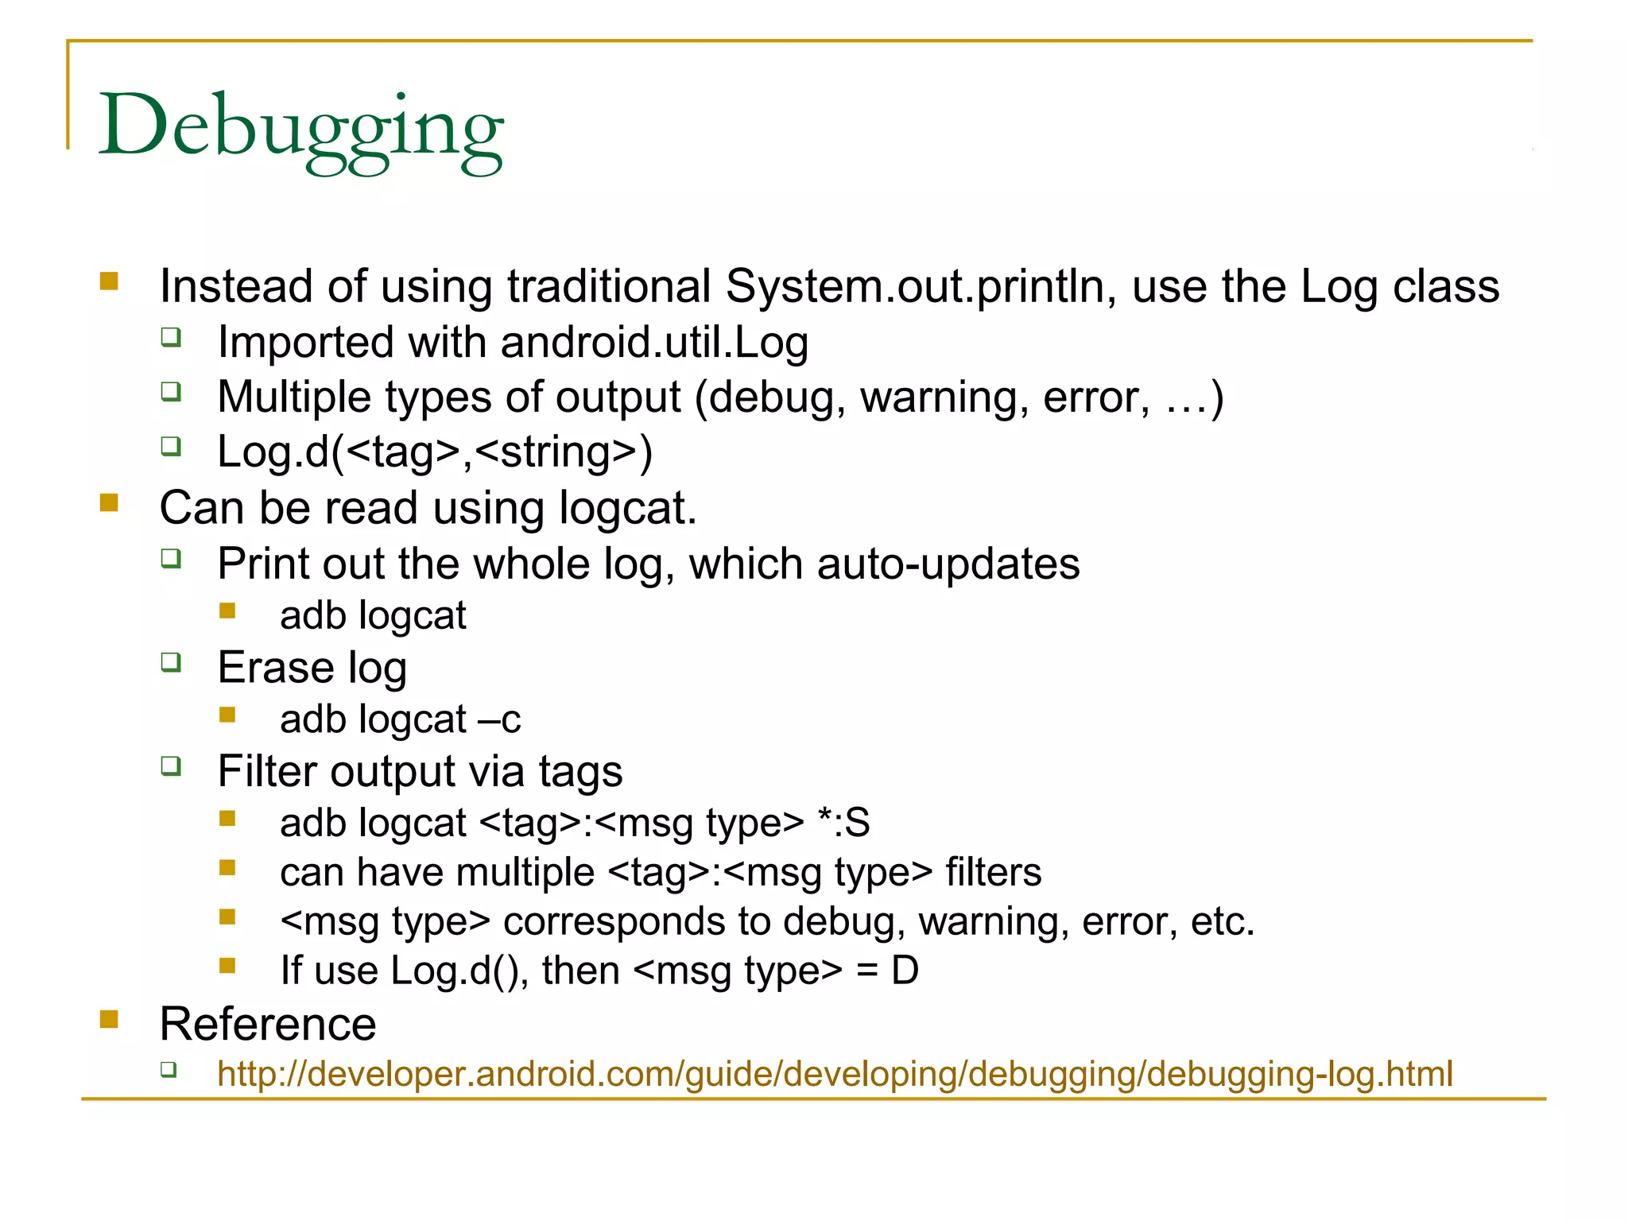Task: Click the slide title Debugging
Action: pos(300,127)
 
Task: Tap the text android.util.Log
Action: pos(653,343)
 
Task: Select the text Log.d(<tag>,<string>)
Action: pos(435,452)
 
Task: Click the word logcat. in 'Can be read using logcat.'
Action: pos(626,508)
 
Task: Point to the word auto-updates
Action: pos(948,564)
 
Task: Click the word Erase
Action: pos(275,667)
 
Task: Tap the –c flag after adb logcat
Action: pos(499,719)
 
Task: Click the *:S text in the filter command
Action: pos(843,823)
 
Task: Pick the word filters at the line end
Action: pos(993,872)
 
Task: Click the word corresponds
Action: pos(614,921)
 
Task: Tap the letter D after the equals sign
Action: pos(905,971)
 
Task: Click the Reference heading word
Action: pos(268,1024)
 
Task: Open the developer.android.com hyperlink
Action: pos(835,1074)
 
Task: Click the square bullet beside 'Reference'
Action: pos(109,1018)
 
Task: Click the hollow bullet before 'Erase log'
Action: pos(171,662)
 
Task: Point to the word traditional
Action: pos(609,286)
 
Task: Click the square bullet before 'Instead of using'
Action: pos(109,281)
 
